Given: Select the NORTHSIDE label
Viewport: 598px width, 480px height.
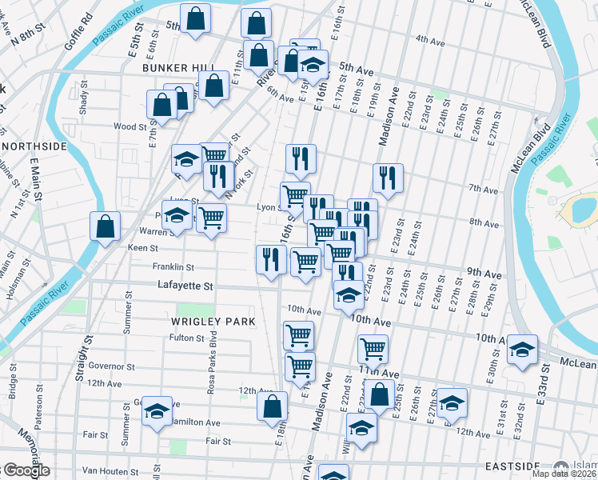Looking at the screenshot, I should pos(34,146).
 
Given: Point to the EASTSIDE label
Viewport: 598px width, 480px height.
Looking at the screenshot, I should pos(512,466).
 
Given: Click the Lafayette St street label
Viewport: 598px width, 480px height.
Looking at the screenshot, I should pos(185,285).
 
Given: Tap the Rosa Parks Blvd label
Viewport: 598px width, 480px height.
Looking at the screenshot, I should pos(213,363).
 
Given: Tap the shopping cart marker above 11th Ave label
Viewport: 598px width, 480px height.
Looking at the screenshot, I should pos(373,349).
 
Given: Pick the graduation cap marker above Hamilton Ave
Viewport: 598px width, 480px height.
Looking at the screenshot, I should pos(157,410).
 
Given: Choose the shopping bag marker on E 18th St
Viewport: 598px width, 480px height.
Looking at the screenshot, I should pos(272,406).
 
